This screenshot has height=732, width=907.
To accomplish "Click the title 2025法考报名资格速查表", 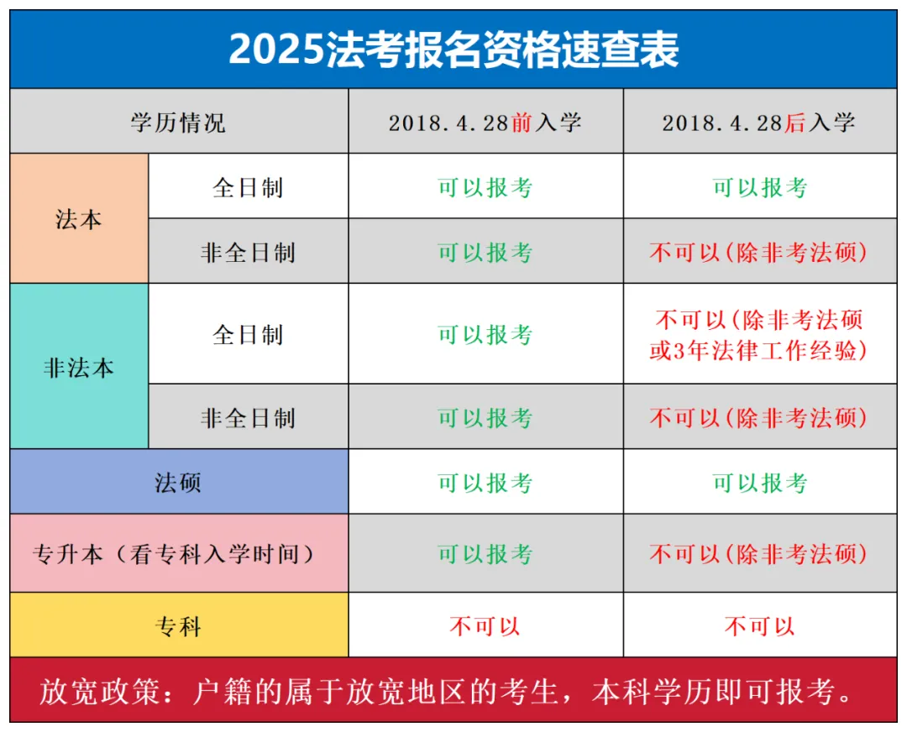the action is click(453, 50).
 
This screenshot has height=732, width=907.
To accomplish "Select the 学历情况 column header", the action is click(178, 123).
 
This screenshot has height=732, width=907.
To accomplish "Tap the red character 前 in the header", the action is click(522, 123).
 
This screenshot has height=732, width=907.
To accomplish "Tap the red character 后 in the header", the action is click(794, 123).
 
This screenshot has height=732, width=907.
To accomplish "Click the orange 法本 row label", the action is click(79, 220).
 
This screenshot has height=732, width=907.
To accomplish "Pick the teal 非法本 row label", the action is click(79, 368).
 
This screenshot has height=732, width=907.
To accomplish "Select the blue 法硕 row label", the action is click(178, 483).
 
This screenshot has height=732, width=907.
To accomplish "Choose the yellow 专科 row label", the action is click(178, 626).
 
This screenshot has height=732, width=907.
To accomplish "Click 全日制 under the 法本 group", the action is click(248, 188).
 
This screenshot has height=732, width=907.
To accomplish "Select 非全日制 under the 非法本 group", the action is click(248, 418).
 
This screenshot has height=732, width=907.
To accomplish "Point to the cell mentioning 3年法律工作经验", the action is click(758, 335).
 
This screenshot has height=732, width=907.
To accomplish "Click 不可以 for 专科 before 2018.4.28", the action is click(485, 626).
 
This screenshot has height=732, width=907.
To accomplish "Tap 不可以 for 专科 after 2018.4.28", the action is click(759, 626).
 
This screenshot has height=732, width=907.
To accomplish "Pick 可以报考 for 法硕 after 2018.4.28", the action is click(759, 483).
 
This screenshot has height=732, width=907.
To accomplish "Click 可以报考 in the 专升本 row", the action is click(485, 554).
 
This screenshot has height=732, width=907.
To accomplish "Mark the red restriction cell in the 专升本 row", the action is click(758, 554).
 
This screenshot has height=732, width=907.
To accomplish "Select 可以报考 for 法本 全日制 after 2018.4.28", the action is click(759, 188).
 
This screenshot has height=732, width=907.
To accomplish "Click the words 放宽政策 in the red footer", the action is click(99, 692).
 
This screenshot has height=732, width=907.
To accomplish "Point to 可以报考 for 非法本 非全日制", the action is click(485, 418).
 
